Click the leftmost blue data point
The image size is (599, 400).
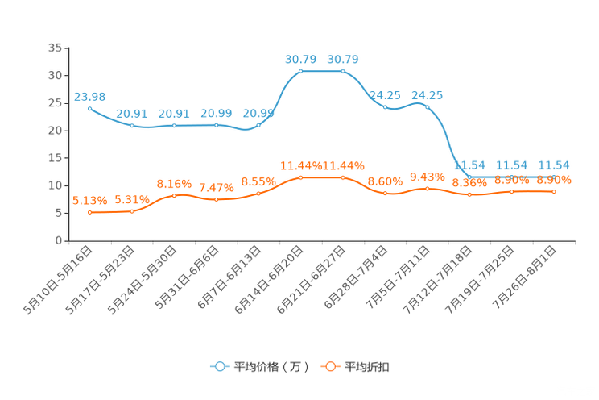click(x=89, y=108)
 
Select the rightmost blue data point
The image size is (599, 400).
click(x=554, y=176)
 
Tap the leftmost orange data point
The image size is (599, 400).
click(x=89, y=213)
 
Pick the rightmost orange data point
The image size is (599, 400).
click(x=554, y=191)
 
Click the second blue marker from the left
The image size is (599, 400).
click(x=131, y=125)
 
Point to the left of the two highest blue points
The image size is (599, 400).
click(x=300, y=71)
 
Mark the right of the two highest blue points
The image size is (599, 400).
click(x=343, y=71)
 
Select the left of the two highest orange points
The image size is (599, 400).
click(x=300, y=177)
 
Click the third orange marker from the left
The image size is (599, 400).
click(x=174, y=195)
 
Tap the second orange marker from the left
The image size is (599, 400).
click(x=131, y=211)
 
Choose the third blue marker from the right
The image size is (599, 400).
click(x=469, y=176)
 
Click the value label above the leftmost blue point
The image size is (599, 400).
click(x=89, y=95)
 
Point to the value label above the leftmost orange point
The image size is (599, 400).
click(x=89, y=201)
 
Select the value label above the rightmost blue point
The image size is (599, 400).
click(x=554, y=165)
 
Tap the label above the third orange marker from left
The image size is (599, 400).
click(x=174, y=183)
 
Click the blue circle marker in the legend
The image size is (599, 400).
click(x=219, y=366)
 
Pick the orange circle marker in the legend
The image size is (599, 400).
click(x=328, y=366)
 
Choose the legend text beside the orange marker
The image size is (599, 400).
click(x=367, y=367)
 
